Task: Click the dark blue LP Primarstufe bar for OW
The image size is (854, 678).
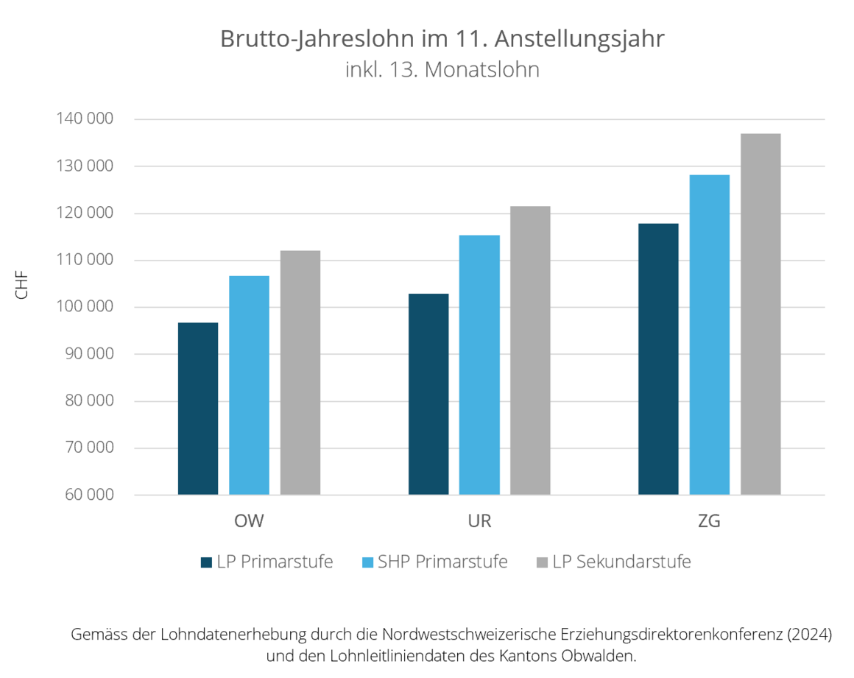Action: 198,409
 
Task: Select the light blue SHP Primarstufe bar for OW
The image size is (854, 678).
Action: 249,385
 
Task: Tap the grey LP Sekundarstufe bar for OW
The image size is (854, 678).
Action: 300,372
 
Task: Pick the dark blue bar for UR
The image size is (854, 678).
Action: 428,394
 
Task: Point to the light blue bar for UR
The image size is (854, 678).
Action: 479,364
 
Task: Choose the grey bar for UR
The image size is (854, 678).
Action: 530,350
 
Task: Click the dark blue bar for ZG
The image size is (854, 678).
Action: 658,359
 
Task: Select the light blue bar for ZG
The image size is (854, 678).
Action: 709,334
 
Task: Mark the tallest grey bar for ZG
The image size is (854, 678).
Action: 761,314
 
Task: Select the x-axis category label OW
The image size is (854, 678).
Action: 249,522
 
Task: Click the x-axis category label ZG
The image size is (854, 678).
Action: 709,522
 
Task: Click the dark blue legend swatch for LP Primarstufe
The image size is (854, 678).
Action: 206,562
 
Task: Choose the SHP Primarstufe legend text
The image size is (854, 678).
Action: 442,562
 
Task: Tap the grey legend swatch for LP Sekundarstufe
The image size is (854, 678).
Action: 542,562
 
